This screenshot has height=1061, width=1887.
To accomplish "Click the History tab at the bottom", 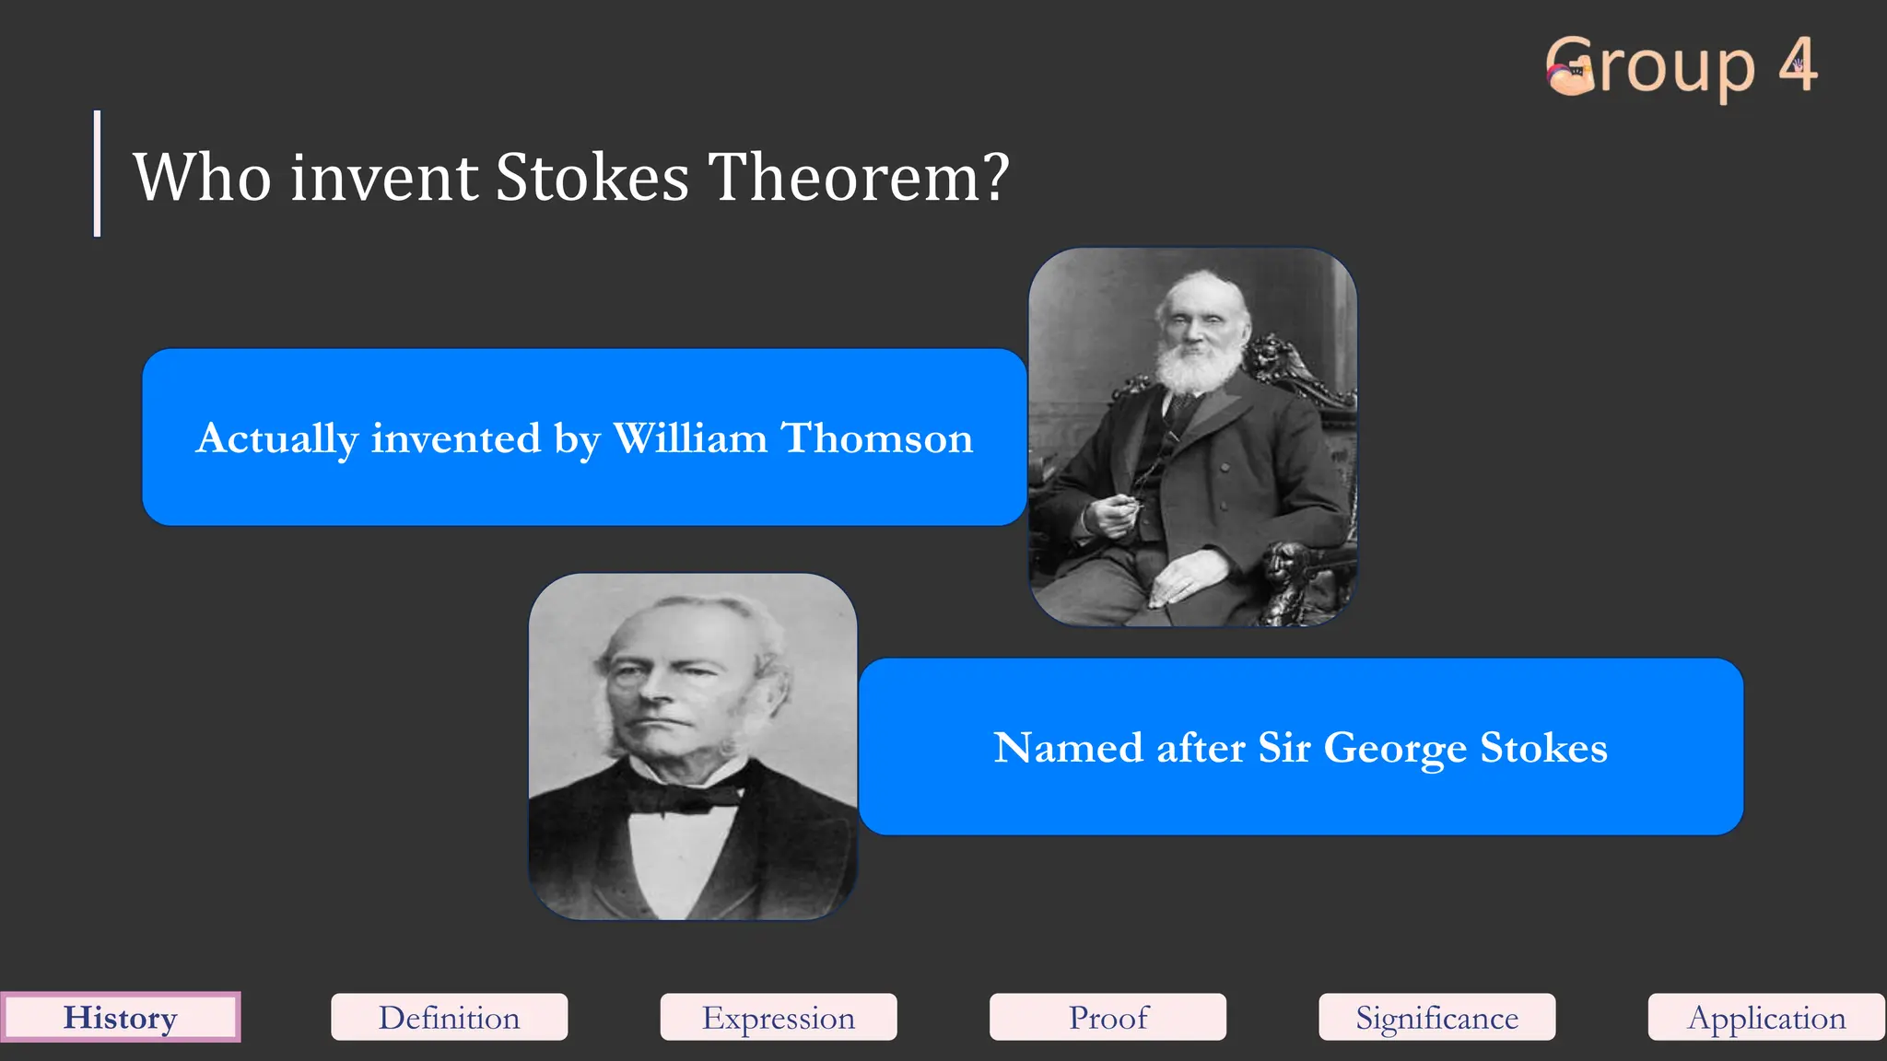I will coord(120,1018).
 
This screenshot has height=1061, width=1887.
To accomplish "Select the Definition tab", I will coord(449,1018).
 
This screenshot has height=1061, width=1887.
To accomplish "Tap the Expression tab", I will coord(779,1018).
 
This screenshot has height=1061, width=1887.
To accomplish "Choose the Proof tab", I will coord(1108,1018).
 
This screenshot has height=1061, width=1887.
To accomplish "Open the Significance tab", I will coord(1436,1018).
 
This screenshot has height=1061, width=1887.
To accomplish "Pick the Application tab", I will coord(1766,1018).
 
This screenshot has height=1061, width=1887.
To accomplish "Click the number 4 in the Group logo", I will coord(1798,65).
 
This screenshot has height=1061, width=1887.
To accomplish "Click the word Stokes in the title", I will coord(592,177).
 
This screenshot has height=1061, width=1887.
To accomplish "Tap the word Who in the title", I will coord(203,177).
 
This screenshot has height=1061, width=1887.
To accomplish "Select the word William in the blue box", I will coord(690,438).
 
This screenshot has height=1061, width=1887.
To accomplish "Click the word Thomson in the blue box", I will coord(877,438).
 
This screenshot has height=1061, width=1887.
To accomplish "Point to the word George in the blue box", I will coord(1395,748).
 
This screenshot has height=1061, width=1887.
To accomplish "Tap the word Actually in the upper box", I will coord(276,438).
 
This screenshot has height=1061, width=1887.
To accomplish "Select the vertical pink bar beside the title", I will coord(97,173).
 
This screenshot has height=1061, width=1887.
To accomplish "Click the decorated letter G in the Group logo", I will coord(1572,67).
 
